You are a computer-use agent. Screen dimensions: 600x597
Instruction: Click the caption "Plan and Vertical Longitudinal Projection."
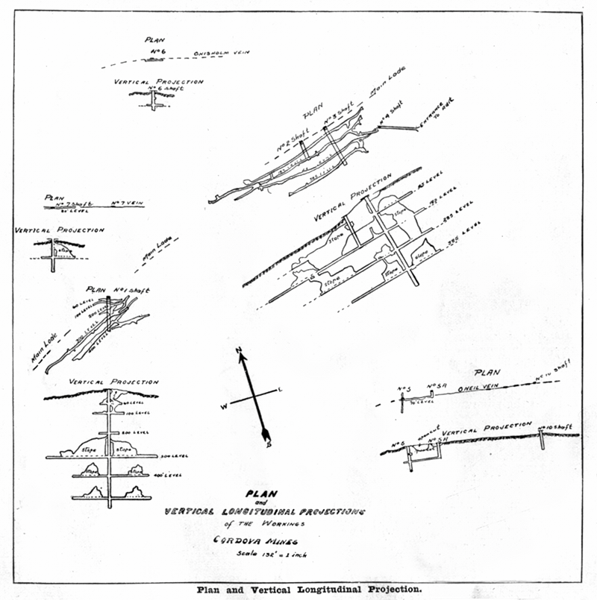pyautogui.click(x=309, y=588)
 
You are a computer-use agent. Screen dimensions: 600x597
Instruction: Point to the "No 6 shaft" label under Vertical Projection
pyautogui.click(x=165, y=88)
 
